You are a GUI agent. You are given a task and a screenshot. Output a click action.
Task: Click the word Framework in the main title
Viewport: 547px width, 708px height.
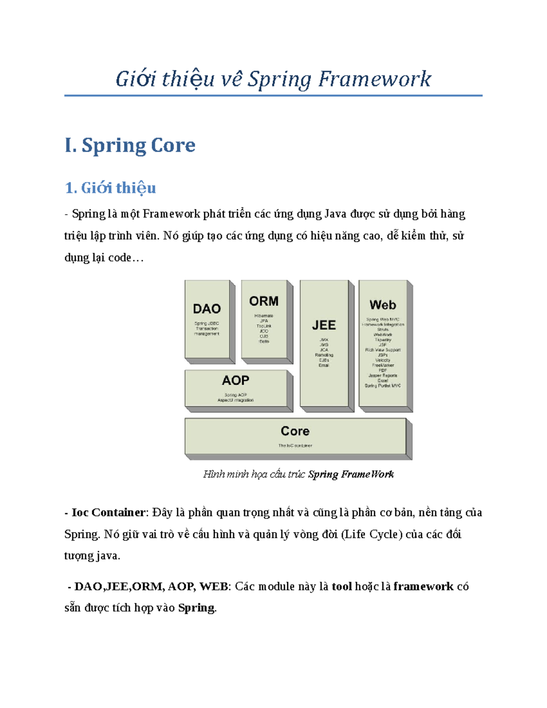[374, 79]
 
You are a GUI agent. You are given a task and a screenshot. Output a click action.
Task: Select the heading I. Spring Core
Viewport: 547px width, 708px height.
[130, 145]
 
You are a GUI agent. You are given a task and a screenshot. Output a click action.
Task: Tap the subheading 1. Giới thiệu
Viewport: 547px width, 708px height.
[110, 188]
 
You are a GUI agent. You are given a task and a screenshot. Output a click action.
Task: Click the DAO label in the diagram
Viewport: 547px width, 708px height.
[206, 309]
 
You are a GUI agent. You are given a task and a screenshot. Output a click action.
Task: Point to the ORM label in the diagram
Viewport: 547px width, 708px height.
[263, 301]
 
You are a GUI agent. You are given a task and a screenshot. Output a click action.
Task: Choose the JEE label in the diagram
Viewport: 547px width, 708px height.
[324, 325]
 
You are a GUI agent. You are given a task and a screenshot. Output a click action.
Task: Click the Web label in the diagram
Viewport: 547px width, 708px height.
[382, 305]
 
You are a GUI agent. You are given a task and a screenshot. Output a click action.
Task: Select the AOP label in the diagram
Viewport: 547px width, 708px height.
[235, 380]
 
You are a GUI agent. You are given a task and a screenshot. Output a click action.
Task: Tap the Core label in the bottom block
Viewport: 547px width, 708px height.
[295, 431]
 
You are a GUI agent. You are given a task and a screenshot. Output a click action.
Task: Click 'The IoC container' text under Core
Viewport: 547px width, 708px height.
[295, 445]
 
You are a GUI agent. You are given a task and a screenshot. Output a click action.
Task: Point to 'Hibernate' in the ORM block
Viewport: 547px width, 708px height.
[263, 315]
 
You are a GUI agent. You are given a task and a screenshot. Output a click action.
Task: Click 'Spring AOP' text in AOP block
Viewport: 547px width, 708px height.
[235, 395]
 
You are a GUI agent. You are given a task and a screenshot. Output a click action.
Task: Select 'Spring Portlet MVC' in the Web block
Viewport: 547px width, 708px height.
[382, 386]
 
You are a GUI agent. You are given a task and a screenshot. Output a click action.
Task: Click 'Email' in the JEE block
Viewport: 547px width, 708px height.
[324, 365]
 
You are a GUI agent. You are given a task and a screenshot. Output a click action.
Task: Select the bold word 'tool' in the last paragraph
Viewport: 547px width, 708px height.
[341, 586]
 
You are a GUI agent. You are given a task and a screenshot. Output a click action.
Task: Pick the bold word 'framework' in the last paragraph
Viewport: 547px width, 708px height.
[423, 586]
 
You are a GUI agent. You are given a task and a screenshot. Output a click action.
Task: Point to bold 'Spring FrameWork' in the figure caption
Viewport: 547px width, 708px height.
[351, 474]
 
